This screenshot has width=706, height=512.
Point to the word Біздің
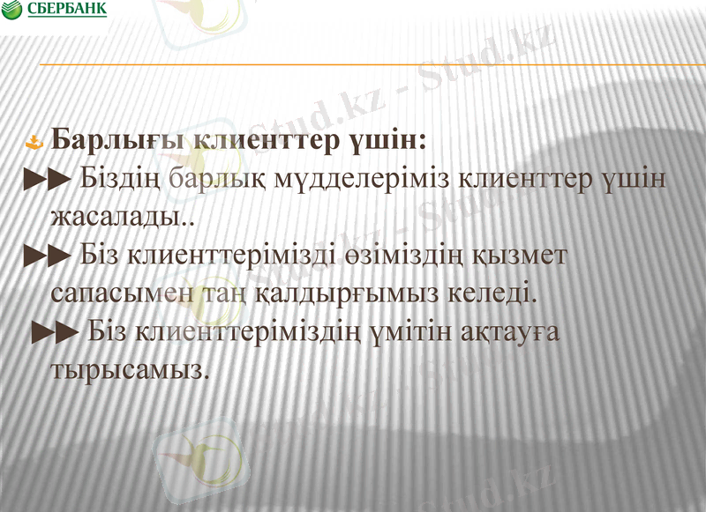click(119, 179)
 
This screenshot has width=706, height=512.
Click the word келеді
click(488, 292)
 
